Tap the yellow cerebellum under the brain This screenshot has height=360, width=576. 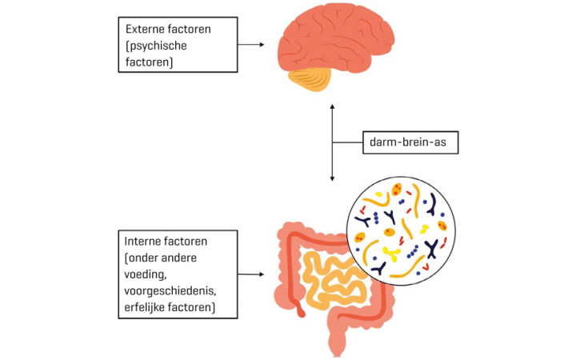pyautogui.click(x=314, y=80)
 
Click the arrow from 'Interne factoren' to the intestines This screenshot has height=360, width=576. pyautogui.click(x=251, y=274)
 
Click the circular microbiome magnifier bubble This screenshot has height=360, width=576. pyautogui.click(x=395, y=228)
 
